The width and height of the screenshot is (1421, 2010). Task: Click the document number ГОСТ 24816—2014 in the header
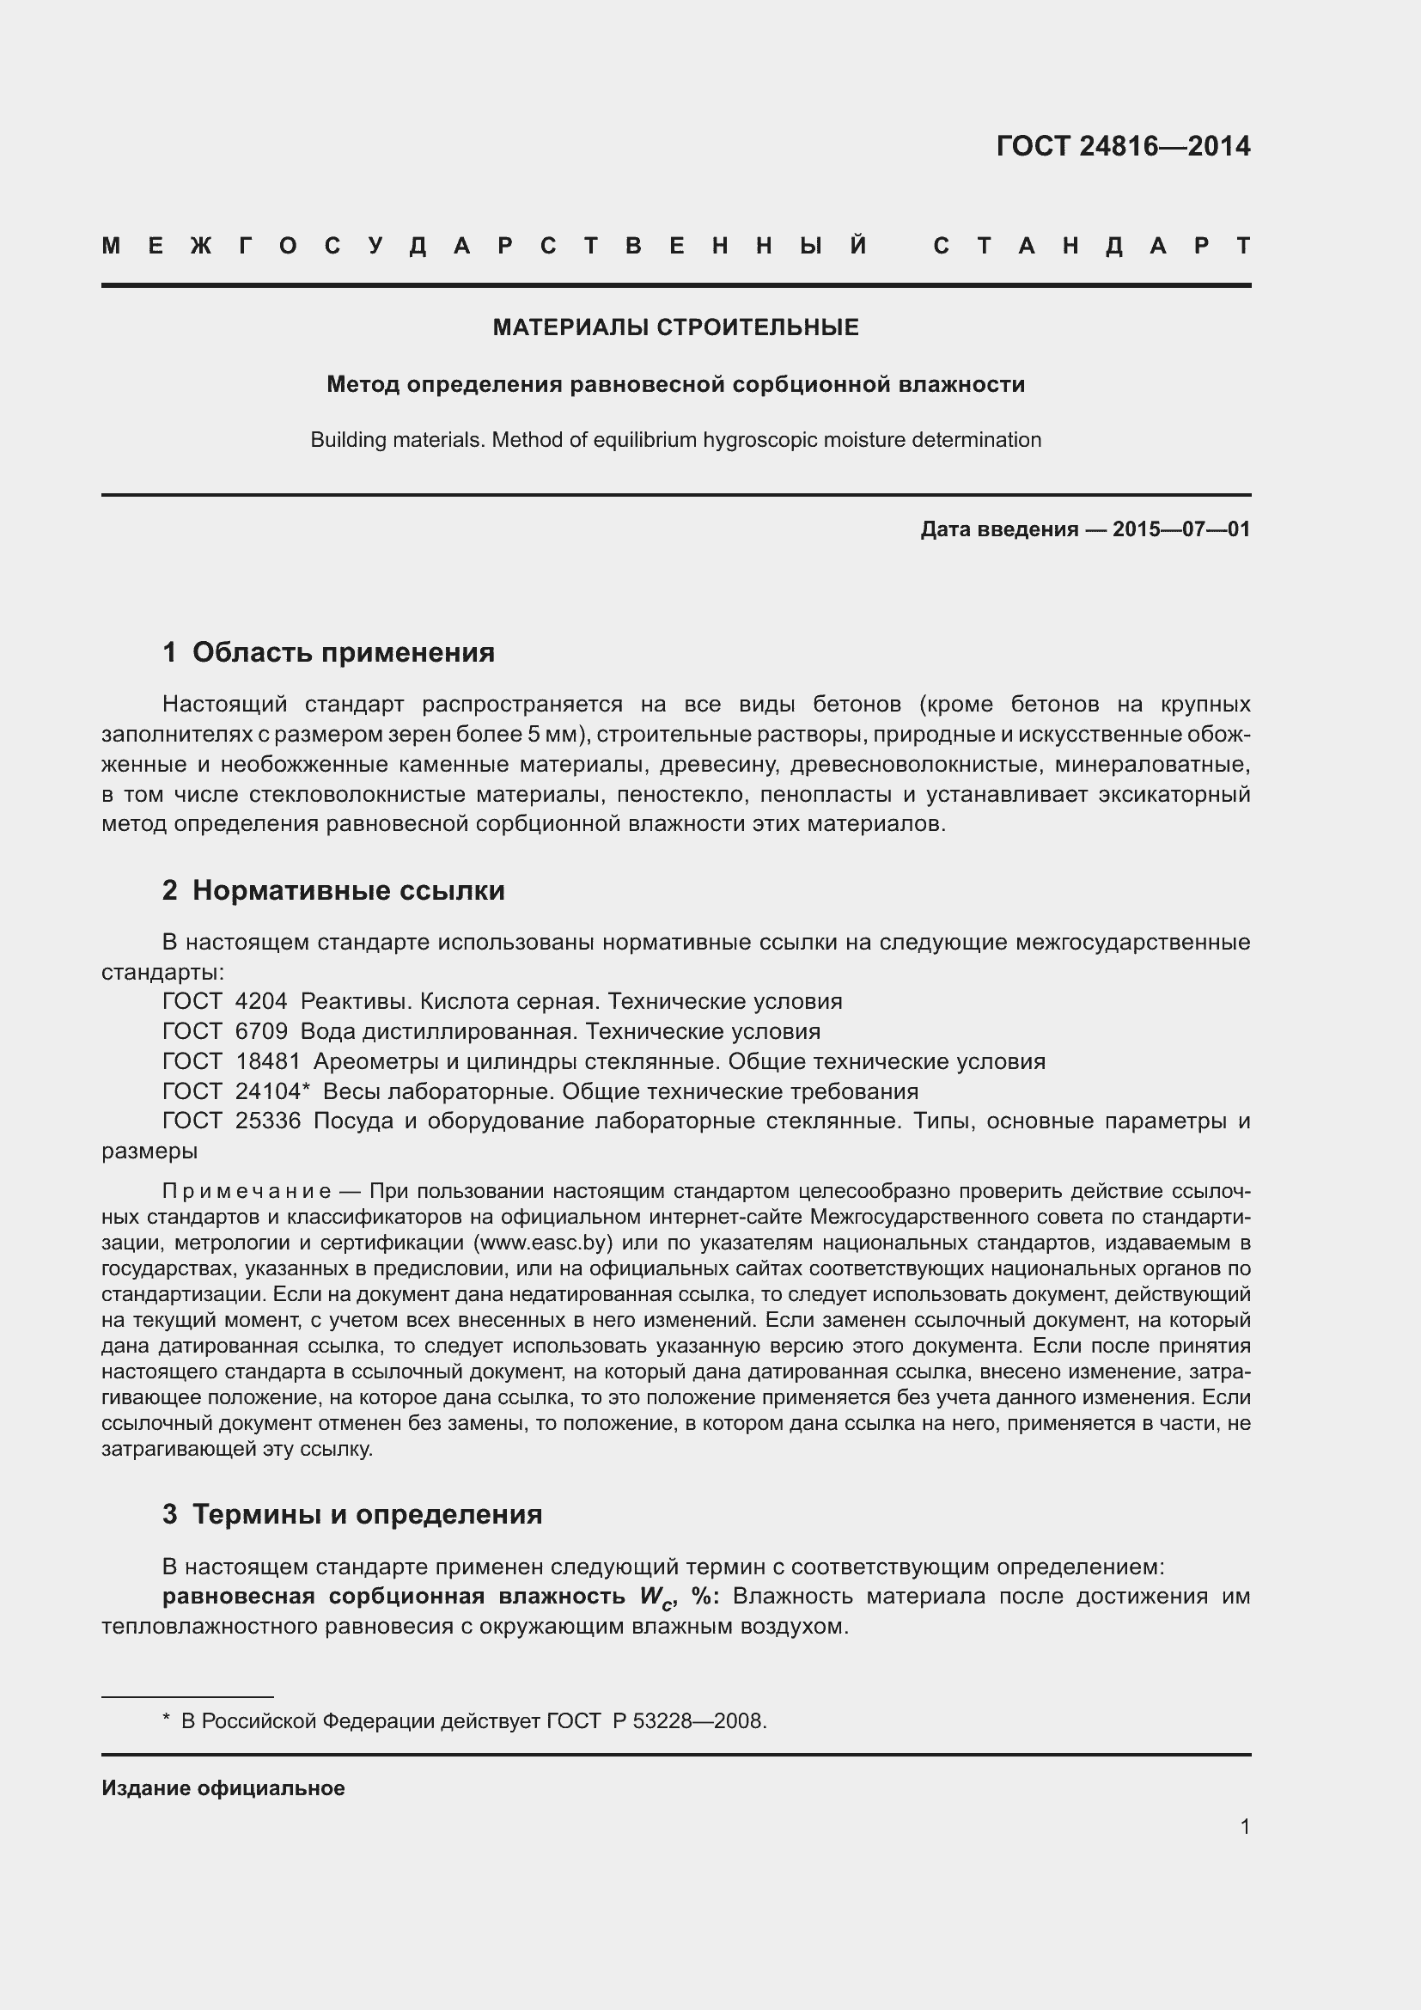point(1123,146)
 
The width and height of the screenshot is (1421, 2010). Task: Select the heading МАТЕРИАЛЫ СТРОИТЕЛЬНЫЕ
point(675,327)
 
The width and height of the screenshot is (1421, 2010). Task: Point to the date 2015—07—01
point(1180,528)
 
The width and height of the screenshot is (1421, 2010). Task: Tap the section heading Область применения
point(343,652)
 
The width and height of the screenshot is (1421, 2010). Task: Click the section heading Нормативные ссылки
point(348,890)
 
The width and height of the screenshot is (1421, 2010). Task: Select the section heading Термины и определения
point(367,1513)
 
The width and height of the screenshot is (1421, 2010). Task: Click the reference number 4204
point(261,1001)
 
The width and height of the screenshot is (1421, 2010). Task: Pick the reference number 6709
point(261,1031)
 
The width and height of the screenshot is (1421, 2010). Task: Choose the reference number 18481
point(267,1061)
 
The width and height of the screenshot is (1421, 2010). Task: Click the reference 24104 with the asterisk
point(272,1091)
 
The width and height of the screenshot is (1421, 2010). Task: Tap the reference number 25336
point(267,1121)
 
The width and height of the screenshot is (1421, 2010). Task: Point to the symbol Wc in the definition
point(656,1597)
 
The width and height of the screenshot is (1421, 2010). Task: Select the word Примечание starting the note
point(246,1191)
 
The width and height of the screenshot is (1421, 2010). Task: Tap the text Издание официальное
point(223,1787)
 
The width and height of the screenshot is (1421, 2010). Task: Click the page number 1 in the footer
point(1244,1826)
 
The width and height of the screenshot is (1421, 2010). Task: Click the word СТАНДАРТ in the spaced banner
point(1092,246)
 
